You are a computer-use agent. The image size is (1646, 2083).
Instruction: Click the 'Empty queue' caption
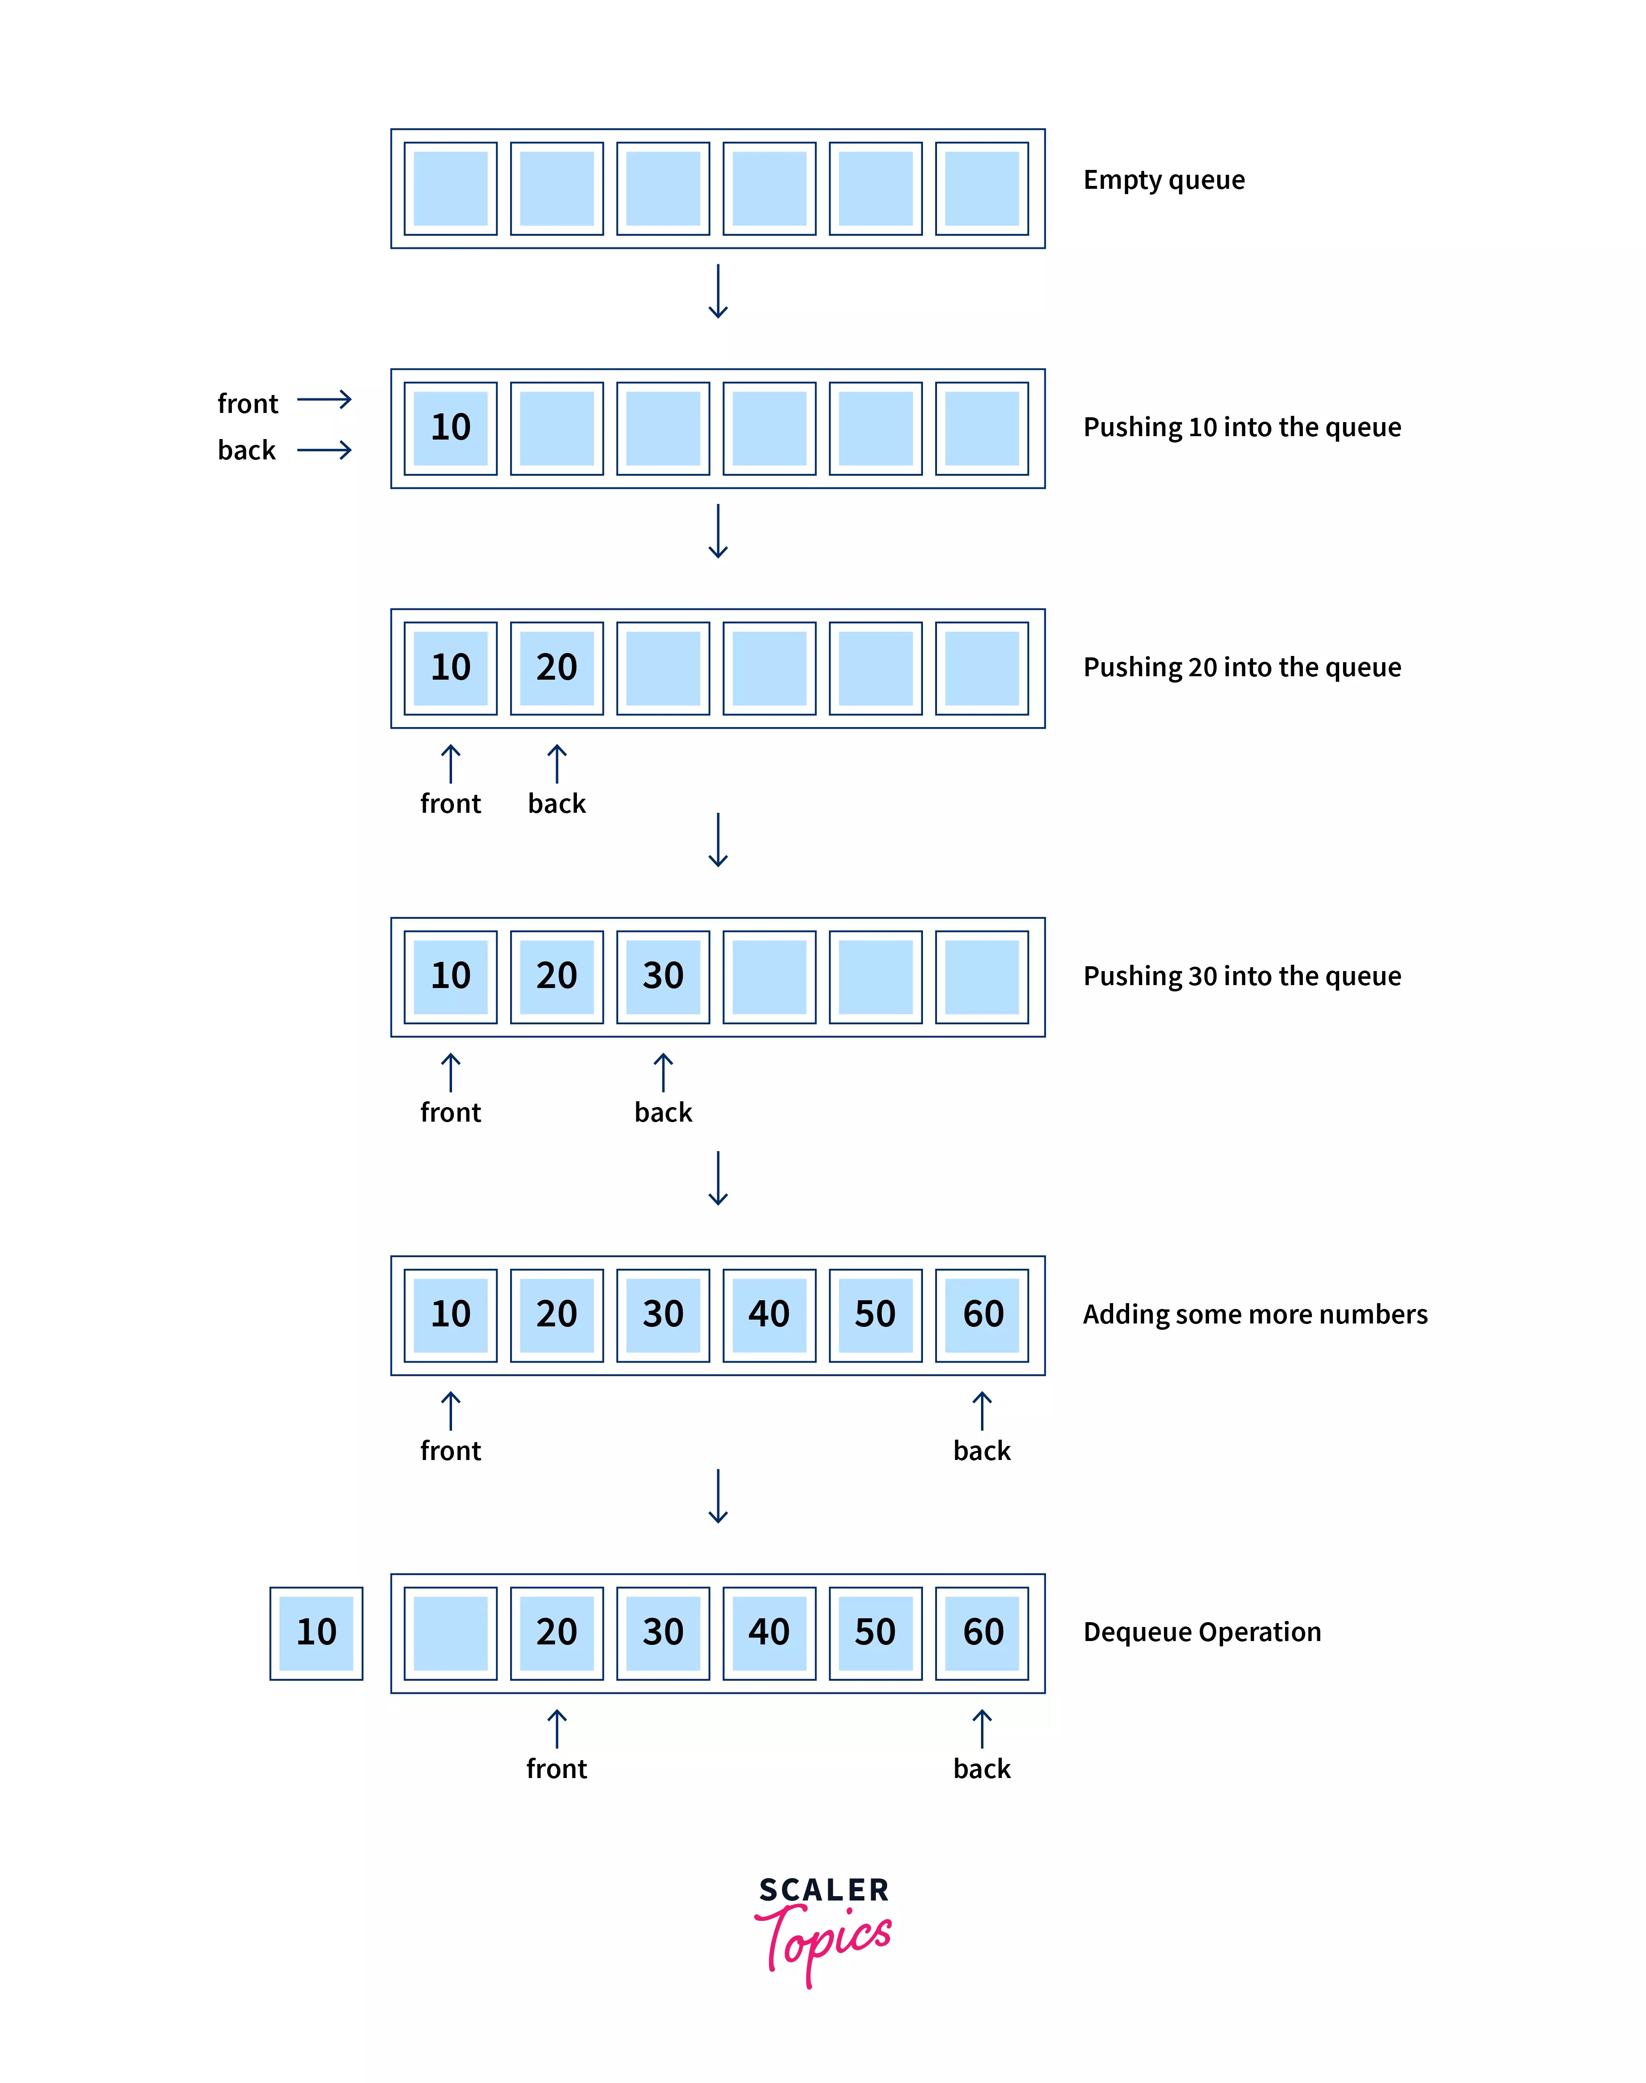click(x=1163, y=180)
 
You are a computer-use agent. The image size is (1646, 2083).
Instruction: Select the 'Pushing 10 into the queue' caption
click(x=1241, y=427)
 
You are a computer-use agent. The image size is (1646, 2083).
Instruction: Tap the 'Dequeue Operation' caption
click(x=1202, y=1632)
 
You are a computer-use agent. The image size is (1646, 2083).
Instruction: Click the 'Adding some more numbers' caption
click(x=1255, y=1315)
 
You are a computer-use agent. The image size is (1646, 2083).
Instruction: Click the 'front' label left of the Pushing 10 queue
click(x=248, y=404)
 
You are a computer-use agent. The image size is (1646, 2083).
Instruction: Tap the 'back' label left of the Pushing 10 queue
click(x=247, y=450)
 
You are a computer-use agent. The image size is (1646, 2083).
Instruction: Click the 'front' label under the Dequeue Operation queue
click(x=556, y=1769)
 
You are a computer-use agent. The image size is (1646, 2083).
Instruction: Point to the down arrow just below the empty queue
click(x=718, y=291)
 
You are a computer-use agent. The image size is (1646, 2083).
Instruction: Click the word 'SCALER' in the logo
click(x=824, y=1890)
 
